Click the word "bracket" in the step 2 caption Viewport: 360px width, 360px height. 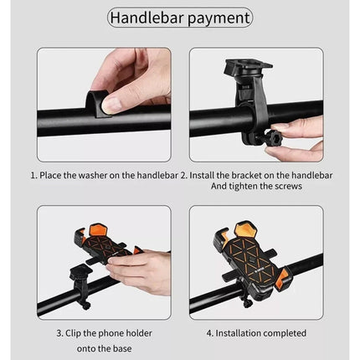[x=252, y=176]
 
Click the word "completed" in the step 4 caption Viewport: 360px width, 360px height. [x=285, y=332]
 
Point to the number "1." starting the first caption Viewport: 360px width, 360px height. [x=35, y=176]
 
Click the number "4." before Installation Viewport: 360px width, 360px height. [x=210, y=332]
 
